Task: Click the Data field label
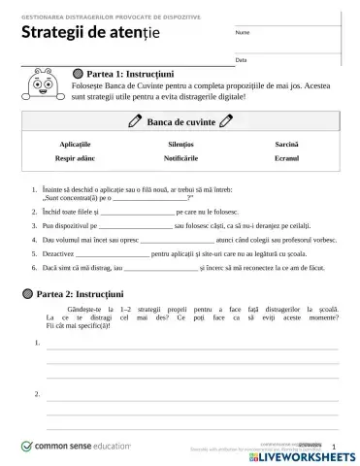(x=241, y=60)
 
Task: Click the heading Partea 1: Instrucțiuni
(x=130, y=73)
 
